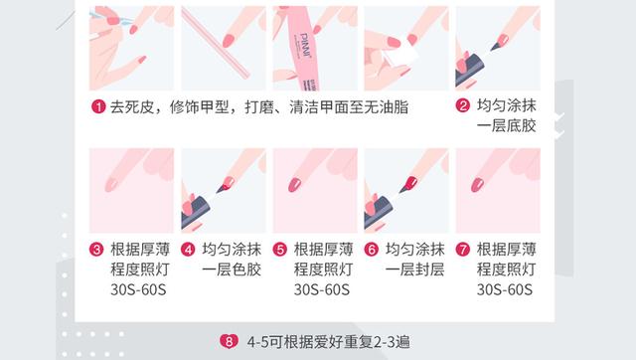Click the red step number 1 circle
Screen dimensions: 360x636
tap(98, 107)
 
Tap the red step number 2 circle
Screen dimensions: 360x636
tap(463, 107)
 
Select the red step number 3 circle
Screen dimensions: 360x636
tap(98, 250)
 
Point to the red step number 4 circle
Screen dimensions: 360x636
tap(189, 250)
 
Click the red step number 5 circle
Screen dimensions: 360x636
tap(280, 250)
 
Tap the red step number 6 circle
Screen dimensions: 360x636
tap(372, 250)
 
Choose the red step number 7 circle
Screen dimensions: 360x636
tap(463, 250)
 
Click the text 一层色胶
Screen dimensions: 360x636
tap(232, 270)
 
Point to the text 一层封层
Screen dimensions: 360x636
tap(414, 270)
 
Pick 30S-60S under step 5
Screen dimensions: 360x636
tap(322, 290)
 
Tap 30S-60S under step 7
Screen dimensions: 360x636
tap(505, 290)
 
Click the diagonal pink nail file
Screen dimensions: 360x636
tap(222, 45)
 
